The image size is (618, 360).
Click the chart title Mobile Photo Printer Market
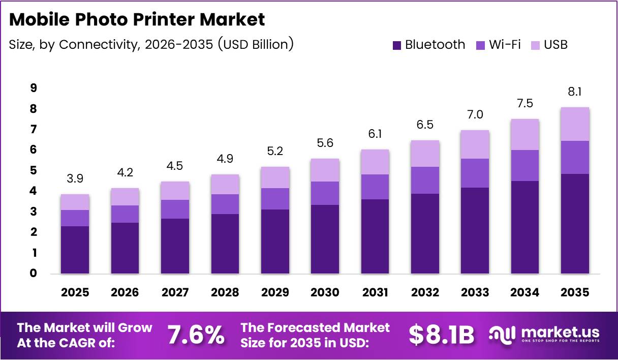(x=137, y=19)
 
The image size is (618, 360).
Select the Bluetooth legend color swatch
(x=397, y=45)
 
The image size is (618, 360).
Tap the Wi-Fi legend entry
(x=498, y=45)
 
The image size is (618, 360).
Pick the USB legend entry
(x=549, y=45)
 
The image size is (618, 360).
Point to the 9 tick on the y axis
(x=33, y=88)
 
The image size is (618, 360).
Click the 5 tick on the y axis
(x=33, y=170)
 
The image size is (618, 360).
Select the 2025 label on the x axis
(x=75, y=292)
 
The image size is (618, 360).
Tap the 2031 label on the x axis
(x=376, y=292)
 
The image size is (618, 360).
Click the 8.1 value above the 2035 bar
(x=575, y=92)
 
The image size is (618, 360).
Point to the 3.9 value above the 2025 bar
(x=75, y=179)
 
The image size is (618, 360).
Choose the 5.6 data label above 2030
(x=325, y=143)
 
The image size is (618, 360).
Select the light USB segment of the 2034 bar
(x=525, y=134)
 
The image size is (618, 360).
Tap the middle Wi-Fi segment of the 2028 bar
(x=225, y=204)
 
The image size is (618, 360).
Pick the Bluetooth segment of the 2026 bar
(x=125, y=248)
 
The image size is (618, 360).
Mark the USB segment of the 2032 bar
(x=425, y=154)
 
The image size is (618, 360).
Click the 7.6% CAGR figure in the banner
(x=196, y=335)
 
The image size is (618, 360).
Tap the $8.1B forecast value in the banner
(x=441, y=335)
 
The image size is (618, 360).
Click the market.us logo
(x=544, y=335)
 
